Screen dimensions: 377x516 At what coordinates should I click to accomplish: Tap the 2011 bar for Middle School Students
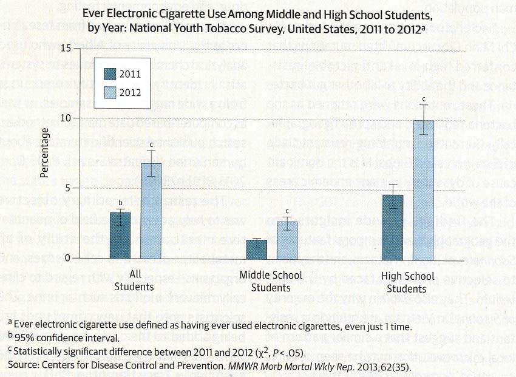(257, 249)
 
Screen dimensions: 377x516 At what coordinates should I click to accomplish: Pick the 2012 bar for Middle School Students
(287, 240)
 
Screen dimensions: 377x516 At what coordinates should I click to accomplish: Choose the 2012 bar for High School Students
(423, 189)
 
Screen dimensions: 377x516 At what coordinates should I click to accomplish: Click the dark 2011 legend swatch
(108, 75)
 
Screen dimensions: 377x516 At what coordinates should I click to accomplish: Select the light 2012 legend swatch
(108, 92)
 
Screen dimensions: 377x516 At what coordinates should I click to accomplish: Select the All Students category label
(136, 280)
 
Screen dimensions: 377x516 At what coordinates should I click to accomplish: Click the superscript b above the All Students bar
(120, 203)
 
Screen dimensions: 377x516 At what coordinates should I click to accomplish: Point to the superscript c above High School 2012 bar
(424, 99)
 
